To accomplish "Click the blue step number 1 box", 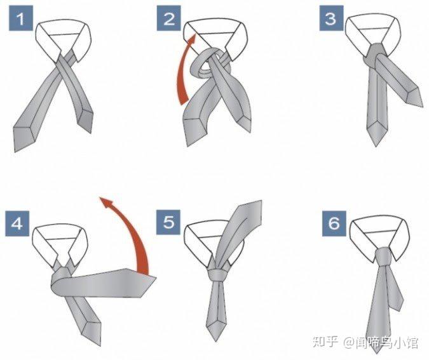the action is (21, 18).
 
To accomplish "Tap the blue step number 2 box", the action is (168, 18).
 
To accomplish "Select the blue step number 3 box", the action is (331, 18).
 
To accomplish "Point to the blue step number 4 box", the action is (17, 223).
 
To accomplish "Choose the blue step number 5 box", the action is (168, 222).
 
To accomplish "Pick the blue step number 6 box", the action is (334, 223).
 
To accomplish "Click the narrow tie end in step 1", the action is (85, 120).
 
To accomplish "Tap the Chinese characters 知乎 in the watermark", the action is (325, 342).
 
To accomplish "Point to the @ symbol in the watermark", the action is (349, 342).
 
